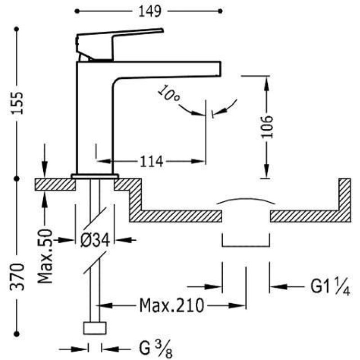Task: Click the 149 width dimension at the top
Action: coord(150,11)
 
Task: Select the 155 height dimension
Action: coord(17,103)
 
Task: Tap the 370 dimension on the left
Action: coord(17,277)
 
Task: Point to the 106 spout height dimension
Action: coord(267,127)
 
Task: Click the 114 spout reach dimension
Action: coord(152,161)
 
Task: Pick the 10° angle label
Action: coord(169,94)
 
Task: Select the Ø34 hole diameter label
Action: coord(95,240)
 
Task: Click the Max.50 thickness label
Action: coord(45,256)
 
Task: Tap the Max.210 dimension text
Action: coord(172,306)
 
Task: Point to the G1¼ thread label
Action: coord(330,286)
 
